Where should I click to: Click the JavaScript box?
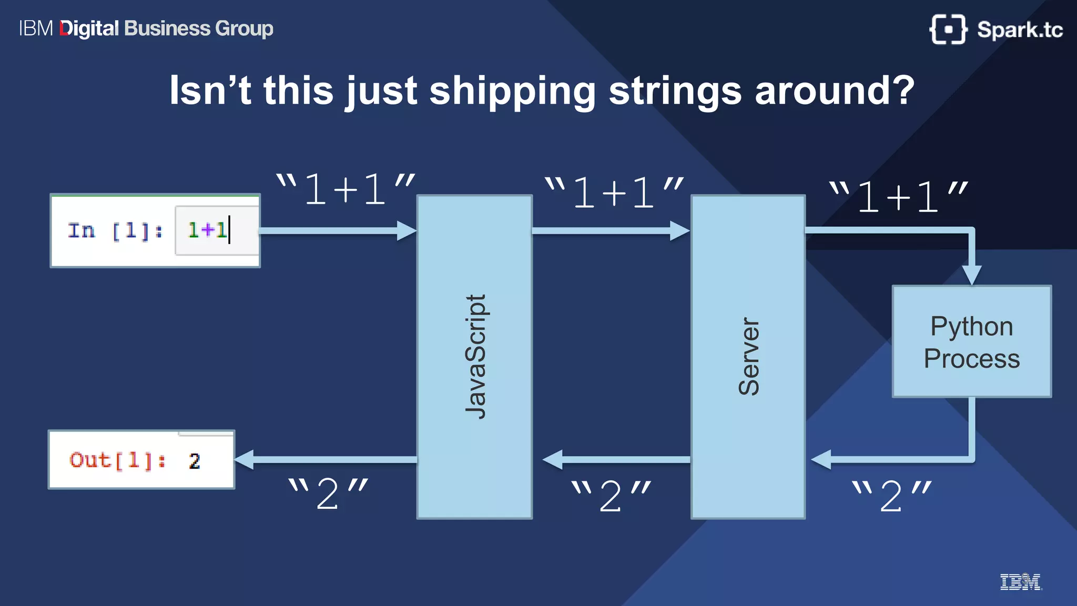pos(474,357)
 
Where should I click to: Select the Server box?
pos(748,357)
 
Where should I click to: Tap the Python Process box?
pos(972,341)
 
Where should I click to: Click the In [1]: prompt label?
pos(115,230)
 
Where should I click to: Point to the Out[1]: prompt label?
pos(117,460)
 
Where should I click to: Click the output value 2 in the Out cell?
pos(195,461)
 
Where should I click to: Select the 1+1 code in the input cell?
pos(207,230)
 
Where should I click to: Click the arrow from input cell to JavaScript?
pos(337,230)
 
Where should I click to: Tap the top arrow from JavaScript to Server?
pos(610,230)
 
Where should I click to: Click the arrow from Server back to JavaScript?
pos(615,459)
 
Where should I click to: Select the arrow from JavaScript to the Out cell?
pos(326,459)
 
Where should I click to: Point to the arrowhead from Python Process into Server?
pos(821,459)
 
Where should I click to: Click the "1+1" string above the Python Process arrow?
pos(898,197)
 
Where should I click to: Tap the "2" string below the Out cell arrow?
pos(328,494)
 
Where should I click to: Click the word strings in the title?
pos(675,90)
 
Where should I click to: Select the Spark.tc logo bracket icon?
pos(948,29)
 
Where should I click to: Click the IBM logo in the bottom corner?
pos(1020,582)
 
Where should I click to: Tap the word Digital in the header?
pos(89,28)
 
